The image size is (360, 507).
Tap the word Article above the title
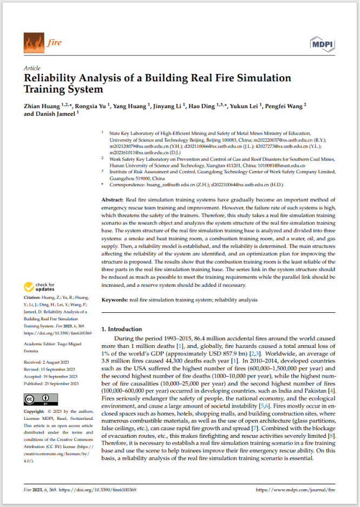[32, 68]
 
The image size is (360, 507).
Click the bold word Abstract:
[113, 200]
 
